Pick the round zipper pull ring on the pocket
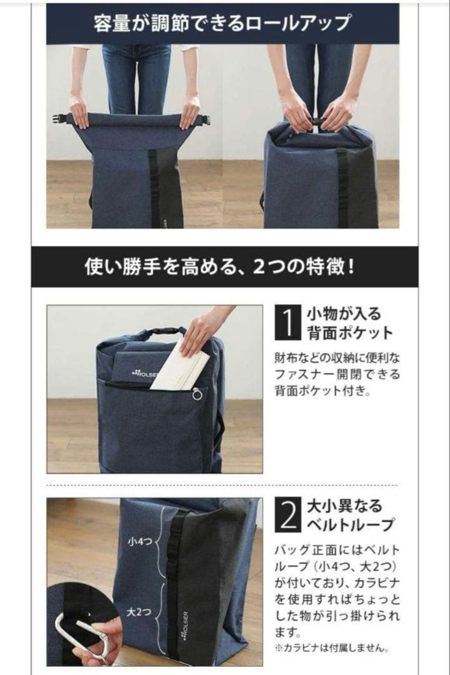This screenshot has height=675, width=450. point(197,394)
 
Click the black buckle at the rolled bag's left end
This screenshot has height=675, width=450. point(61,118)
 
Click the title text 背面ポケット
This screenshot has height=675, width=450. point(349,332)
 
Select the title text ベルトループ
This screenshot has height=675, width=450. point(350,525)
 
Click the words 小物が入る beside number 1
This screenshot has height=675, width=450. point(343,313)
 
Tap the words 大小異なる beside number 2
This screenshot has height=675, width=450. point(343,506)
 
